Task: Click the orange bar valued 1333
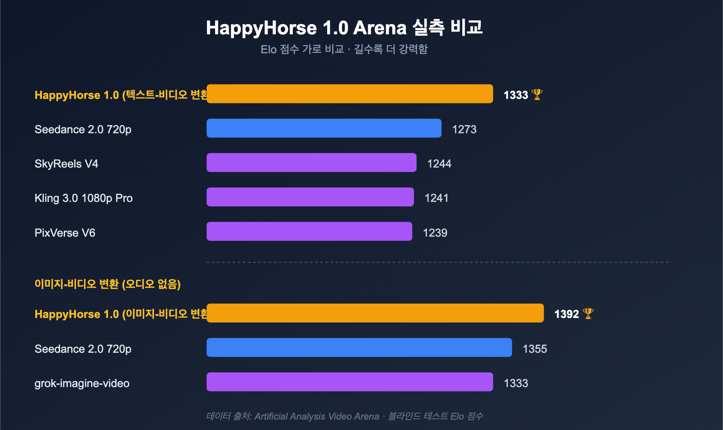pyautogui.click(x=350, y=94)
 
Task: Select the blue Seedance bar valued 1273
pyautogui.click(x=324, y=128)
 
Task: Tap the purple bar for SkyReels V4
pyautogui.click(x=311, y=163)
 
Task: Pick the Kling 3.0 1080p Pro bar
pyautogui.click(x=310, y=197)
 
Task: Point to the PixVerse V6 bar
pyautogui.click(x=309, y=231)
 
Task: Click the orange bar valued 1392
pyautogui.click(x=375, y=313)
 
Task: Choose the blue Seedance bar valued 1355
pyautogui.click(x=359, y=347)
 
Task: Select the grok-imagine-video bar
pyautogui.click(x=350, y=382)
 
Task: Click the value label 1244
pyautogui.click(x=439, y=164)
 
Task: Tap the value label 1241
pyautogui.click(x=437, y=198)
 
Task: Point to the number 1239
pyautogui.click(x=435, y=233)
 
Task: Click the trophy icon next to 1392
pyautogui.click(x=588, y=313)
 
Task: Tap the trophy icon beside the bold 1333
pyautogui.click(x=537, y=94)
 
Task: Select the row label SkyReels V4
pyautogui.click(x=66, y=164)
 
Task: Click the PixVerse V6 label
pyautogui.click(x=65, y=233)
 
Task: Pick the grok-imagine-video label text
pyautogui.click(x=82, y=383)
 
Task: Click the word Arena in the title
pyautogui.click(x=380, y=28)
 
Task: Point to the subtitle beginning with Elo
pyautogui.click(x=344, y=49)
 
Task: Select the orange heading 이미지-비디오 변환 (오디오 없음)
pyautogui.click(x=108, y=284)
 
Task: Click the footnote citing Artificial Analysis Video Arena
pyautogui.click(x=344, y=416)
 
